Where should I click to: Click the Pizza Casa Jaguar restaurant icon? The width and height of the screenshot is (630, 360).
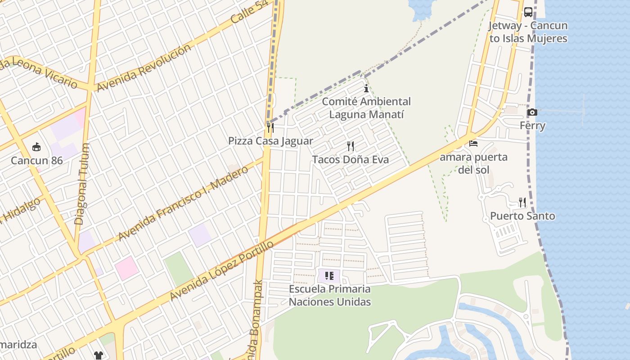tap(270, 128)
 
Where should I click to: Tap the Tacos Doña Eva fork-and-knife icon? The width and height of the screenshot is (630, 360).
tap(351, 146)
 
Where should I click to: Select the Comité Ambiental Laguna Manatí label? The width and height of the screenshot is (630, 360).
tap(366, 108)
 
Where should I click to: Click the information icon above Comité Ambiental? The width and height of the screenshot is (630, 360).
tap(366, 89)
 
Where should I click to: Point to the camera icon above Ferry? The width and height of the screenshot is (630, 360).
tap(532, 112)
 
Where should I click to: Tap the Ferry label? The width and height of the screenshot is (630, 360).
tap(532, 126)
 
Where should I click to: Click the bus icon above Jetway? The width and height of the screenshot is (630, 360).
tap(528, 12)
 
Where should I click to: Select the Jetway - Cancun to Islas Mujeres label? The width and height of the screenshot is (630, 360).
tap(528, 32)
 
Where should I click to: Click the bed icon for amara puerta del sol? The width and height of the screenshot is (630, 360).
tap(473, 144)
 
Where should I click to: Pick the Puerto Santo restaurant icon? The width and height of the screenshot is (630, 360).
tap(522, 202)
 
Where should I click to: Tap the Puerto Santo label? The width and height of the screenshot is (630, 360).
tap(522, 216)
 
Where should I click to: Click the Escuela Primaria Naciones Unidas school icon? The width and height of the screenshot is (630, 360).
tap(329, 275)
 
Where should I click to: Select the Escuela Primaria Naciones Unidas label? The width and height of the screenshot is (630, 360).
tap(330, 295)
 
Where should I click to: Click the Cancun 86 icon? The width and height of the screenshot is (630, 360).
tap(36, 147)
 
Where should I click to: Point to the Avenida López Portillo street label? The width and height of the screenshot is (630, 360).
tap(221, 271)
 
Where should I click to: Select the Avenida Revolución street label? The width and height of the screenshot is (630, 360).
tap(144, 67)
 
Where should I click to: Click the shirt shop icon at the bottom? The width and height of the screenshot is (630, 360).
tap(98, 355)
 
